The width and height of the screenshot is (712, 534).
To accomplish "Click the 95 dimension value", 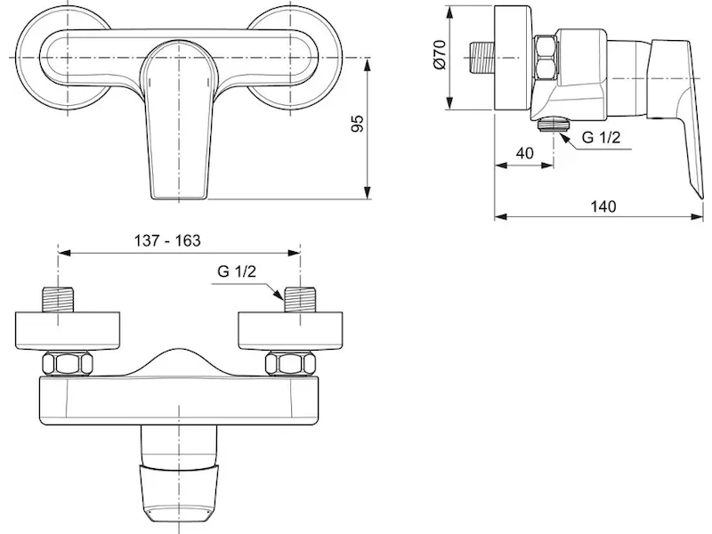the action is pyautogui.click(x=359, y=124).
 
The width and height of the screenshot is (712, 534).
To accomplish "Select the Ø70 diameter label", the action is pyautogui.click(x=440, y=54).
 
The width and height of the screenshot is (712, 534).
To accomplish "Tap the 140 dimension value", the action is pyautogui.click(x=603, y=206).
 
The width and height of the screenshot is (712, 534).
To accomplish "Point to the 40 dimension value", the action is pyautogui.click(x=524, y=153).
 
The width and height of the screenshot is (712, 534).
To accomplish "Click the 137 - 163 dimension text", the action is pyautogui.click(x=167, y=240).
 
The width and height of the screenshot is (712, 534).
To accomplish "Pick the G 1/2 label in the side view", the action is pyautogui.click(x=601, y=137).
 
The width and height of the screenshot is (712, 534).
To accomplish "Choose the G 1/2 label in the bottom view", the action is pyautogui.click(x=237, y=271).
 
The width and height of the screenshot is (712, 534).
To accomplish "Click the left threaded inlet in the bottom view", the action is pyautogui.click(x=58, y=299).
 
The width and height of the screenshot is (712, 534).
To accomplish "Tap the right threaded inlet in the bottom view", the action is pyautogui.click(x=300, y=299).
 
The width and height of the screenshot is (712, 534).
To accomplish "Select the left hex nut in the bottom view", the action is pyautogui.click(x=68, y=365).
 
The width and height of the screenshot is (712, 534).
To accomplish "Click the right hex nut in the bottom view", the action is pyautogui.click(x=291, y=365).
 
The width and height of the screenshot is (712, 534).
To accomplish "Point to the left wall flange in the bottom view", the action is pyautogui.click(x=68, y=331).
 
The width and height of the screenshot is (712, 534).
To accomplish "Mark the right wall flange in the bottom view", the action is pyautogui.click(x=290, y=331).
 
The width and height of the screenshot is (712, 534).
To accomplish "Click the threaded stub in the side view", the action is pyautogui.click(x=481, y=58).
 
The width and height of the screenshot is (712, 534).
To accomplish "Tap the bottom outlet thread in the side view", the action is pyautogui.click(x=553, y=125).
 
